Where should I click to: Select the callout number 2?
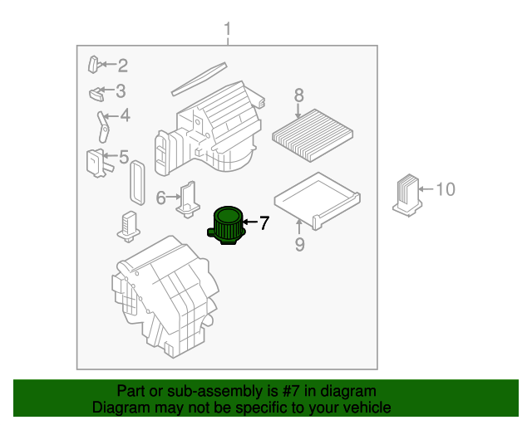(122, 66)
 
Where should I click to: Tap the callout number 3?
(121, 91)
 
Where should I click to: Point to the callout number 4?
(125, 116)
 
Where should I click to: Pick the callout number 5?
(123, 157)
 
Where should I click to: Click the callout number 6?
(160, 197)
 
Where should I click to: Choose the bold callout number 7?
(264, 222)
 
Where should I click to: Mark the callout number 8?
(298, 96)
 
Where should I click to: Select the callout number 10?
(446, 190)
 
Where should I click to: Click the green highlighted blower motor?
(226, 226)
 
